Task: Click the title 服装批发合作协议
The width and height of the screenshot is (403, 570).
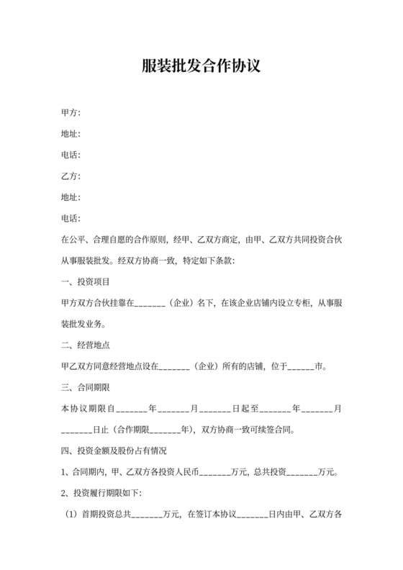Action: (201, 67)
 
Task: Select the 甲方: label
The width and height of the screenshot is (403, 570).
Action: (71, 113)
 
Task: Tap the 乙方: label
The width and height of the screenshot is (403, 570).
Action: (71, 176)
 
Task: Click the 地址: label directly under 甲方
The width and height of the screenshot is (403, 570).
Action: (71, 134)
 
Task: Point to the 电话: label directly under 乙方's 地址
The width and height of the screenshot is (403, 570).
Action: (71, 218)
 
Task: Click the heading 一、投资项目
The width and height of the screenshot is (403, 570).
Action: (86, 281)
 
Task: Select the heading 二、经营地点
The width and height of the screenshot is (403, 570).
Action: (86, 345)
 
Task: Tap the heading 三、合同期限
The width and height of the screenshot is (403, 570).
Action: (86, 388)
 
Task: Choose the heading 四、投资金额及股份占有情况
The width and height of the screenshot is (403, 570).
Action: (115, 451)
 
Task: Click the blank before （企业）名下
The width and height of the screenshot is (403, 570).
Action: (150, 303)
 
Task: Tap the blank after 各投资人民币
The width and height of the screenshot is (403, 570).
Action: (213, 473)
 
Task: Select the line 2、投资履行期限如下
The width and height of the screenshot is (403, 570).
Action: (102, 494)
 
